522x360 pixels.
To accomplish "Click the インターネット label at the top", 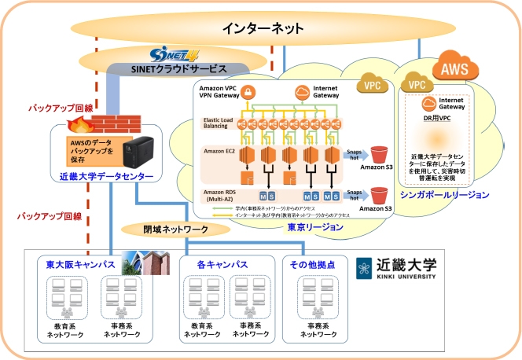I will (262, 28).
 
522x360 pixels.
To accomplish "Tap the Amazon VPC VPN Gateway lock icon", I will (245, 94).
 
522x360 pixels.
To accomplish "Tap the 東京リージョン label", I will (316, 226).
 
